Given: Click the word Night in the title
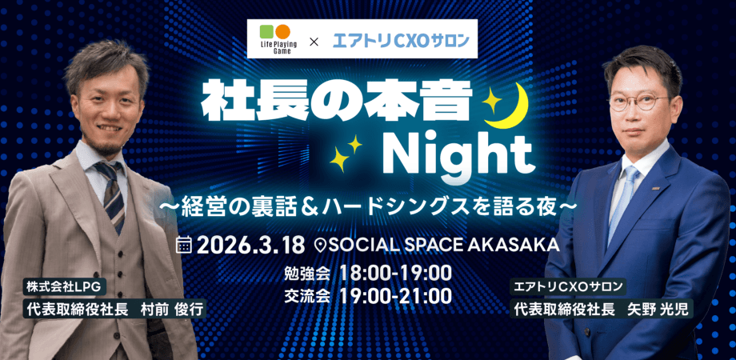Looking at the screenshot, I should (x=456, y=150).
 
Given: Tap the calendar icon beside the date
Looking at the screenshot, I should (x=185, y=242).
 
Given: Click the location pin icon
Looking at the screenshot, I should (x=322, y=243).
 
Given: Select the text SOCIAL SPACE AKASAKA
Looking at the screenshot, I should (x=439, y=242).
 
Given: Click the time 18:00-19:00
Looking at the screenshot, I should (x=394, y=272).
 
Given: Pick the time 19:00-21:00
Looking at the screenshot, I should (x=394, y=296).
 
